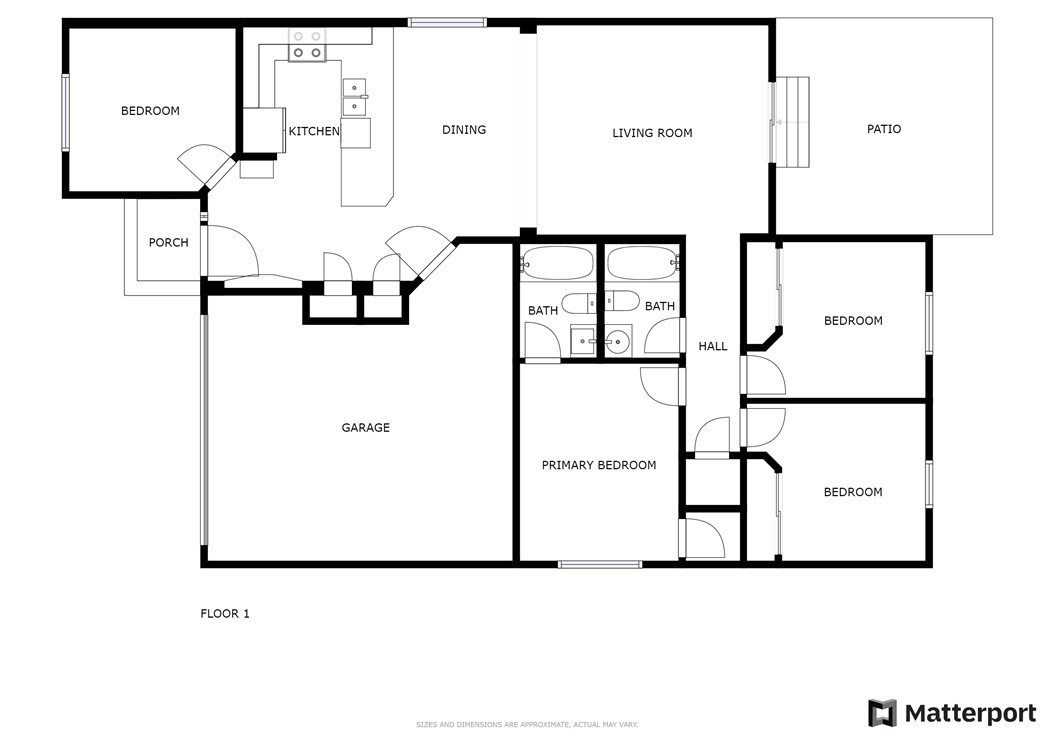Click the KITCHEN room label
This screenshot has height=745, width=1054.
[x=314, y=131]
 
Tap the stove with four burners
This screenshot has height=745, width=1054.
[x=307, y=45]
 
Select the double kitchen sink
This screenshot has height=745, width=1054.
[x=354, y=98]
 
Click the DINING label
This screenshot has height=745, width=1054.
[x=464, y=129]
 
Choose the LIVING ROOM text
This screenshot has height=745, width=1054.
[x=652, y=133]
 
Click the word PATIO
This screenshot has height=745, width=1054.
[x=883, y=129]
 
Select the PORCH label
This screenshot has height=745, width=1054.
[x=168, y=242]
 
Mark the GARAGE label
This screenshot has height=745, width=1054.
[x=365, y=427]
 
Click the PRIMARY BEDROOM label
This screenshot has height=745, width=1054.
[x=598, y=465]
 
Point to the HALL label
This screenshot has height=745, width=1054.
[x=712, y=346]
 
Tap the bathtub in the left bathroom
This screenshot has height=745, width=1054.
[x=558, y=264]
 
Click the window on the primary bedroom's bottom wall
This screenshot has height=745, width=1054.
[x=599, y=564]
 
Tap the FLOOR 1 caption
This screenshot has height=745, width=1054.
[x=224, y=613]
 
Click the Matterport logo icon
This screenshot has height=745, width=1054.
[x=882, y=713]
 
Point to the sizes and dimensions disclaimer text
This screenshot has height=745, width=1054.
[x=526, y=724]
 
